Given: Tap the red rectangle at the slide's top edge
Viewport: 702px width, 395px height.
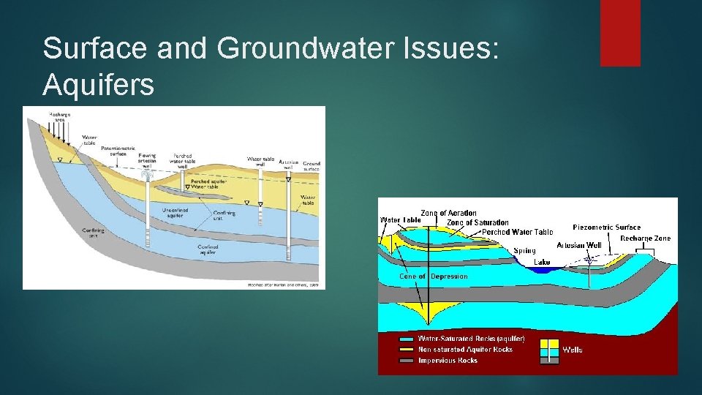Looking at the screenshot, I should click(x=620, y=33).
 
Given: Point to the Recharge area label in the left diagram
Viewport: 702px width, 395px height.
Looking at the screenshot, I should click(x=60, y=117).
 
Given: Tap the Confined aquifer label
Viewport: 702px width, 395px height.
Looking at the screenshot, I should click(x=208, y=249).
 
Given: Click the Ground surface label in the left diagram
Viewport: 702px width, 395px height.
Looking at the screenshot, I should click(x=312, y=166).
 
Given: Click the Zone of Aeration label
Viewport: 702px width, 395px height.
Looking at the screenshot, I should click(x=448, y=213).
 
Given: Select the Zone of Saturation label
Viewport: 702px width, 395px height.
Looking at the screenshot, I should click(x=478, y=222).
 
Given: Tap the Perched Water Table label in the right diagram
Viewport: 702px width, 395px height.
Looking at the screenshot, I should click(x=517, y=232).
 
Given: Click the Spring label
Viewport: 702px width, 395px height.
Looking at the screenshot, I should click(x=524, y=250).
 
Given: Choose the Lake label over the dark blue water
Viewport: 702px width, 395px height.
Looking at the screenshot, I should click(x=542, y=261).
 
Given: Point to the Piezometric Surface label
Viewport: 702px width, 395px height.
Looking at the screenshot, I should click(x=606, y=227).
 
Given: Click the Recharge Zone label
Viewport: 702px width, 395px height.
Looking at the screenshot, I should click(x=645, y=238).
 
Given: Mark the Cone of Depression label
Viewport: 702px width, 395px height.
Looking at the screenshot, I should click(x=434, y=276).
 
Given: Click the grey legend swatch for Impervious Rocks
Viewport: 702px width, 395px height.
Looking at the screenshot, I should click(x=405, y=360).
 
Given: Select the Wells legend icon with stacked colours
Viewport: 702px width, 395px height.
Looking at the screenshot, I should click(x=549, y=350).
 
